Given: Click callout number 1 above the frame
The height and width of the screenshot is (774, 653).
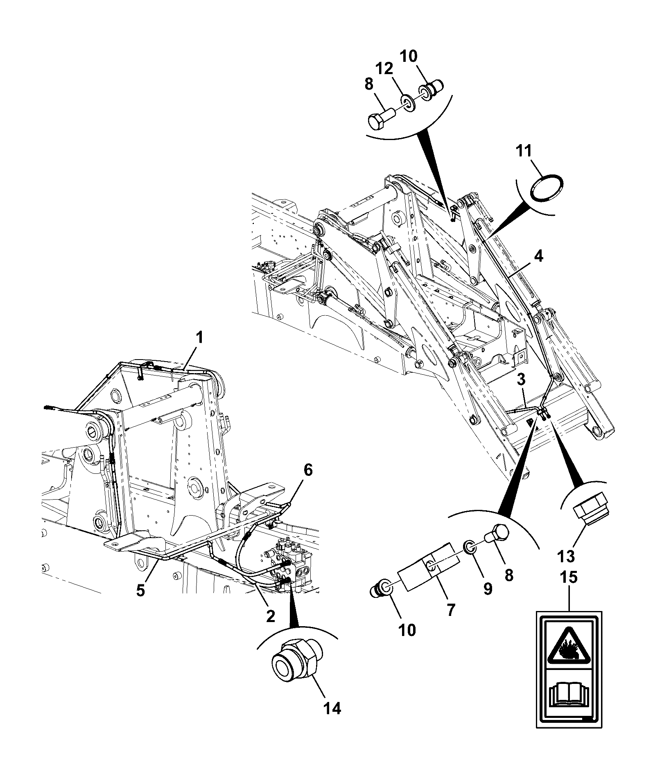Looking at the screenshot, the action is [200, 338].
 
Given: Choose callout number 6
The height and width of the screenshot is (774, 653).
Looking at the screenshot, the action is [307, 471].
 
